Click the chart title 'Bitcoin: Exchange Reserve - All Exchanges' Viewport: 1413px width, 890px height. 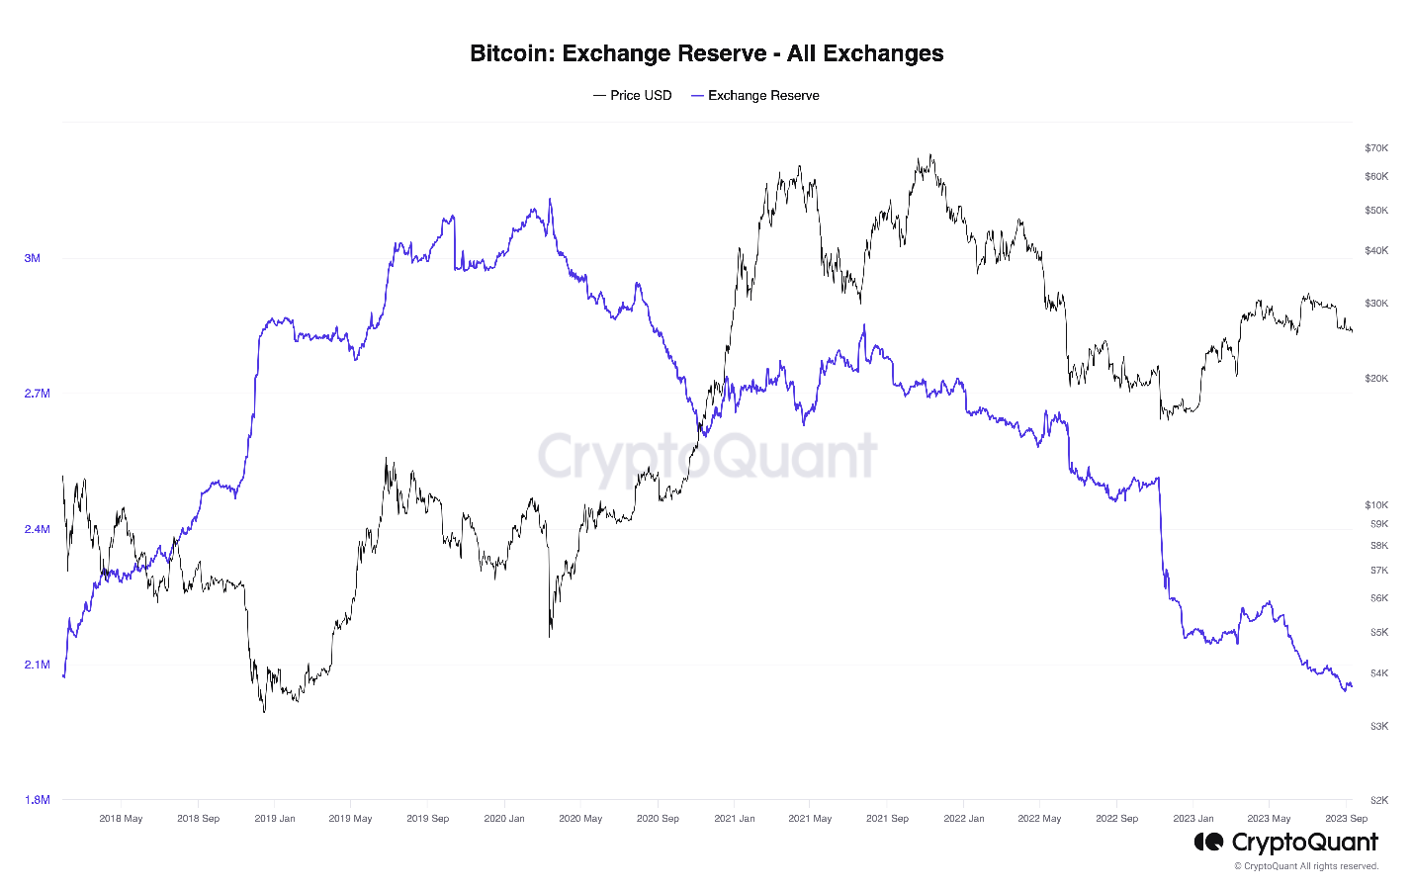coord(706,53)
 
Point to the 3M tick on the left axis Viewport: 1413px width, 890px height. coord(33,258)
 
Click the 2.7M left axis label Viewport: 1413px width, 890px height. coord(37,394)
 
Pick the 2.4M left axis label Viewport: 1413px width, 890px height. coord(37,529)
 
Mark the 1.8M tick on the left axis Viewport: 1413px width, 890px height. coord(37,800)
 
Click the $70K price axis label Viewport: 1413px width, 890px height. coord(1376,148)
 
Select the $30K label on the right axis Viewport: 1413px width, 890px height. coord(1376,304)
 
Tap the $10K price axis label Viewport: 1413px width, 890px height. coord(1376,505)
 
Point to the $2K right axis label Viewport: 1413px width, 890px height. coord(1378,800)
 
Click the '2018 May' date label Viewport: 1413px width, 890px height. coord(121,819)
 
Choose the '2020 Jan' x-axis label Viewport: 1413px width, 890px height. coord(504,819)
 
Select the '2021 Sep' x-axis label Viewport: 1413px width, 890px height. coord(887,819)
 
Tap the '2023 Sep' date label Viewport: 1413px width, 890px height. coord(1346,819)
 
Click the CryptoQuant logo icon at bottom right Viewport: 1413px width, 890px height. coord(1208,842)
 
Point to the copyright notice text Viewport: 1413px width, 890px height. coord(1305,866)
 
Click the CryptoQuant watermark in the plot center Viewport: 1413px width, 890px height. coord(707,456)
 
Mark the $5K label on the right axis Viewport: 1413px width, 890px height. coord(1378,632)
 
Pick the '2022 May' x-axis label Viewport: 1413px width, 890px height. coord(1039,819)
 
